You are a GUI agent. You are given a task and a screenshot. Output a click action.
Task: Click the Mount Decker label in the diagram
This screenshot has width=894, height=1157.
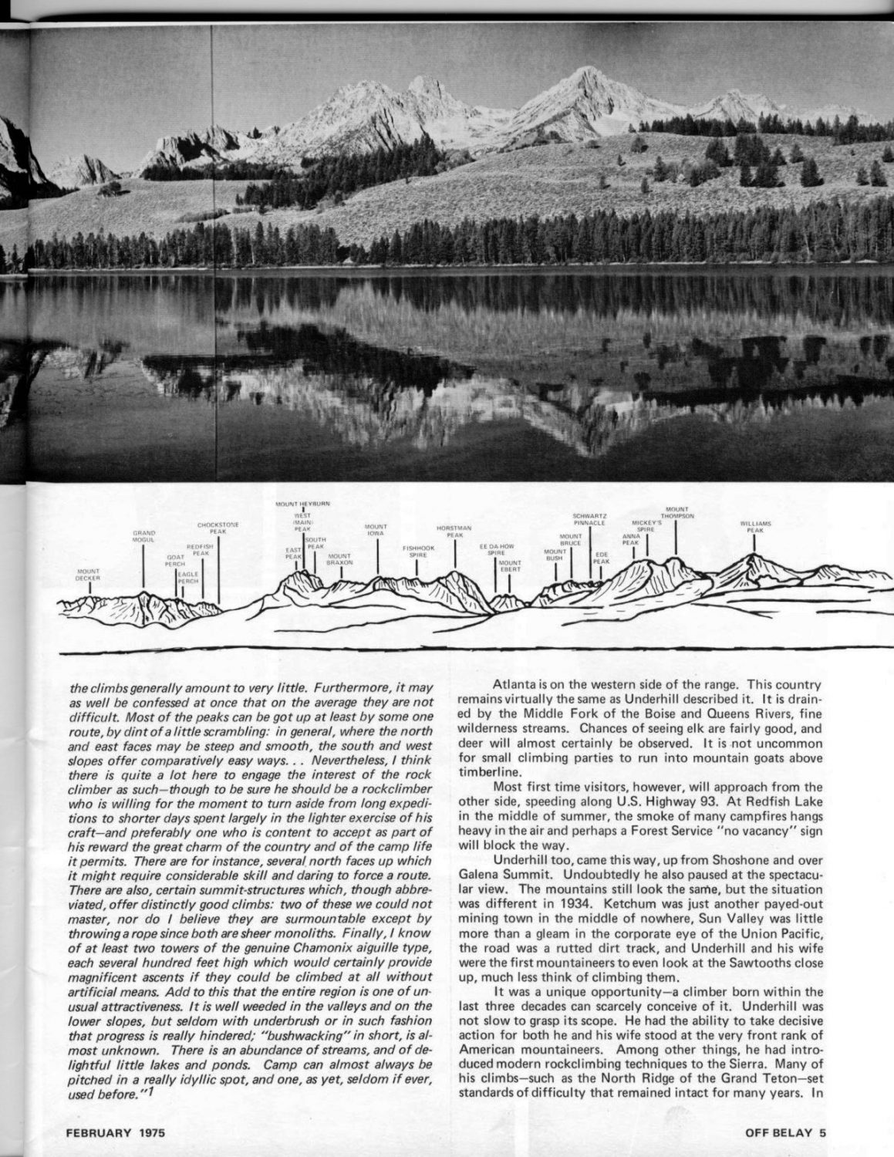click(87, 575)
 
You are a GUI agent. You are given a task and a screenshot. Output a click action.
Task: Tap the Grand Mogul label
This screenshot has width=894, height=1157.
click(144, 535)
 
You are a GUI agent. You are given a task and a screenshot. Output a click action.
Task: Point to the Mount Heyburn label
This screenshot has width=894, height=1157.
click(303, 504)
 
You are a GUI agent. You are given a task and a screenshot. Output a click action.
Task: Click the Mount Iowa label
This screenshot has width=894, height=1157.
click(376, 530)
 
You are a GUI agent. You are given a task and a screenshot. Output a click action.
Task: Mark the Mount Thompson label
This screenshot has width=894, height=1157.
click(677, 512)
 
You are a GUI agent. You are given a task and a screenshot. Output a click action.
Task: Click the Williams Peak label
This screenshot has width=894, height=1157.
click(755, 527)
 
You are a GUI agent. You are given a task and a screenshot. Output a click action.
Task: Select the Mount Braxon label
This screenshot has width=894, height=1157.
click(339, 559)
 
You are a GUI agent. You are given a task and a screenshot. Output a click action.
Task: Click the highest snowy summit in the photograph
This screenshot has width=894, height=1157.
click(584, 70)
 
